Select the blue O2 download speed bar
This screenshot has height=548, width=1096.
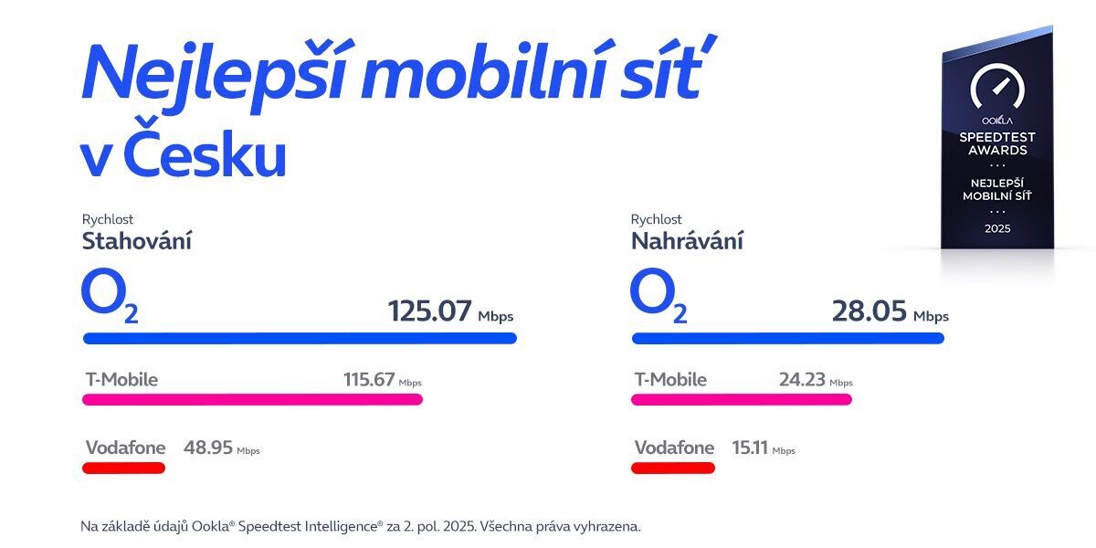(300, 338)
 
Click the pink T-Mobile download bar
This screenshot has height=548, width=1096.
(252, 399)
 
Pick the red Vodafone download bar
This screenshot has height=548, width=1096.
(123, 468)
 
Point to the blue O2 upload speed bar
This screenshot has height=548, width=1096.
(787, 338)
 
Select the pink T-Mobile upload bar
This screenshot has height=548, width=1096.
(741, 399)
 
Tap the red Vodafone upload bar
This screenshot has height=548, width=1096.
(672, 468)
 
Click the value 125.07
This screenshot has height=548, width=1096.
(429, 312)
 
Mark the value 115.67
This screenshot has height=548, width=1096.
(368, 379)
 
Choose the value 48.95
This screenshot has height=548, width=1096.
(207, 448)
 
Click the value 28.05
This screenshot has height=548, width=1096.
(869, 312)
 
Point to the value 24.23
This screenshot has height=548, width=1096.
(801, 379)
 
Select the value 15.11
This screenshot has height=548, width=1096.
(749, 448)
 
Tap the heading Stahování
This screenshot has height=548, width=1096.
(137, 241)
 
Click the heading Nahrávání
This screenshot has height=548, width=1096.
(687, 241)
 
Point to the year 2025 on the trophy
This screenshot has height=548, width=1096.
(997, 228)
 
